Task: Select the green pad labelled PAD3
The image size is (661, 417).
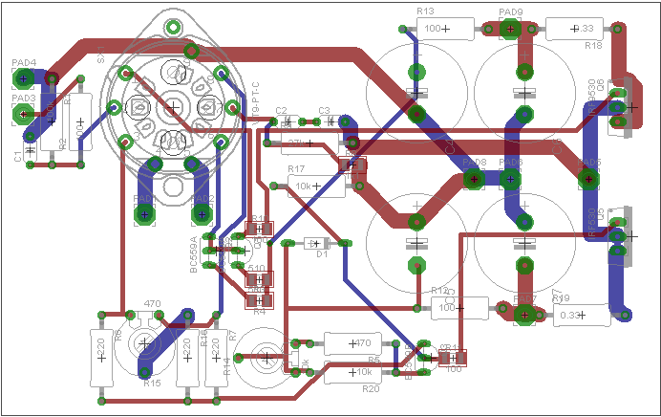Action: coord(20,115)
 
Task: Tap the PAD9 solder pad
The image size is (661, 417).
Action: coord(510,30)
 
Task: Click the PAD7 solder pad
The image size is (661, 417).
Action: coord(523,313)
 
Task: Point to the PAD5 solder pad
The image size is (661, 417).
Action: coord(588,178)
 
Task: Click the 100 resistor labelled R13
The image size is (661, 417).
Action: coord(438,30)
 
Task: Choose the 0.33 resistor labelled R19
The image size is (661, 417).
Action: coord(573,314)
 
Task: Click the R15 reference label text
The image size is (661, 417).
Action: coord(152,384)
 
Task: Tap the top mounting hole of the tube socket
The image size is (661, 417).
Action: coord(173,25)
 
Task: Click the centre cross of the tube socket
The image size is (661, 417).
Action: coord(173,106)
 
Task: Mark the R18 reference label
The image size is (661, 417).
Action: coord(593,45)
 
